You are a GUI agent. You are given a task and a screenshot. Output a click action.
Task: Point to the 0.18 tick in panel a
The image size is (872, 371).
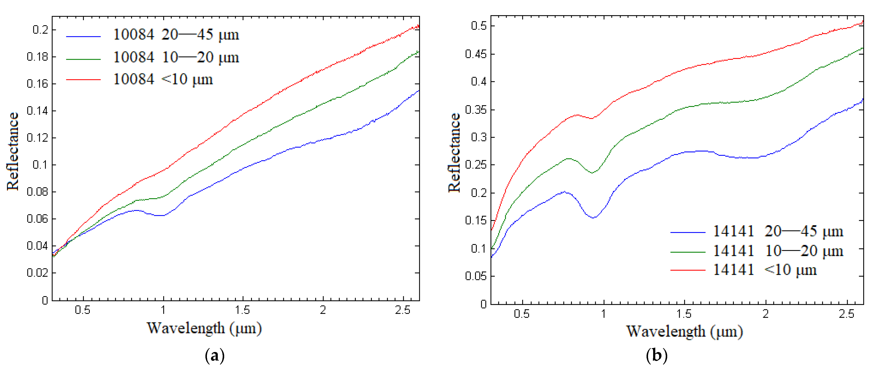pos(38,57)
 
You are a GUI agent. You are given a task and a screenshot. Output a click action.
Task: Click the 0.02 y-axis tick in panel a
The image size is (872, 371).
pos(38,273)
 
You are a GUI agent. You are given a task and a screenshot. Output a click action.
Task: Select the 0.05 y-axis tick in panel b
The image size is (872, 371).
pos(476,276)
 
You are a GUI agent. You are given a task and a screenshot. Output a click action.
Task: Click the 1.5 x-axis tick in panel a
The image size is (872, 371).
pos(243,310)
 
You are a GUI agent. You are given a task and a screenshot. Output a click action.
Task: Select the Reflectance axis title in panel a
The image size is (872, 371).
pos(13,151)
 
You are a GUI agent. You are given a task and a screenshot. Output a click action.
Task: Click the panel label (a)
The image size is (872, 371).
pos(215,356)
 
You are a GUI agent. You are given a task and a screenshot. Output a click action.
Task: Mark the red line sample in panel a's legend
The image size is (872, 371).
pos(83,80)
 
